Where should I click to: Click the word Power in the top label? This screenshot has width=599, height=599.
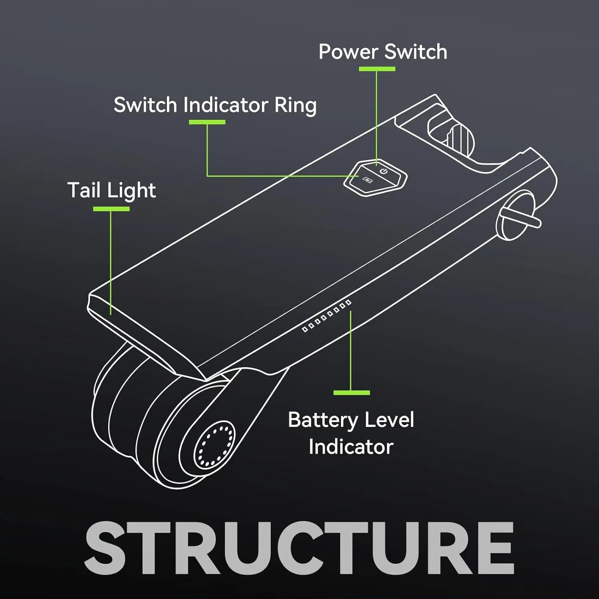pyautogui.click(x=348, y=52)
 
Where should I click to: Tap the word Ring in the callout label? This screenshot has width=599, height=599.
pyautogui.click(x=296, y=105)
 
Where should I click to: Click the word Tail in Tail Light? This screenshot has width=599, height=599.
pyautogui.click(x=83, y=190)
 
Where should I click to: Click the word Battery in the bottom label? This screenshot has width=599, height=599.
pyautogui.click(x=323, y=420)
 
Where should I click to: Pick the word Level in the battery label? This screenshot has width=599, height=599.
pyautogui.click(x=389, y=420)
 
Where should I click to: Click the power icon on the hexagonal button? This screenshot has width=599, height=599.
pyautogui.click(x=384, y=171)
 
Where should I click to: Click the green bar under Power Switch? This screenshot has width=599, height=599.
pyautogui.click(x=377, y=69)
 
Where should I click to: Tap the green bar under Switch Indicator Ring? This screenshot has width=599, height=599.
pyautogui.click(x=207, y=122)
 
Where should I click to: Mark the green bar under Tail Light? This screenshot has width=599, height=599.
pyautogui.click(x=111, y=209)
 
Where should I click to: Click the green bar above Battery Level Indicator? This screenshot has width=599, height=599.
pyautogui.click(x=351, y=393)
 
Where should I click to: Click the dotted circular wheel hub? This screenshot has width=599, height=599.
pyautogui.click(x=214, y=444)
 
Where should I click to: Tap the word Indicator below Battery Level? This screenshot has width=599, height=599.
pyautogui.click(x=351, y=447)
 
